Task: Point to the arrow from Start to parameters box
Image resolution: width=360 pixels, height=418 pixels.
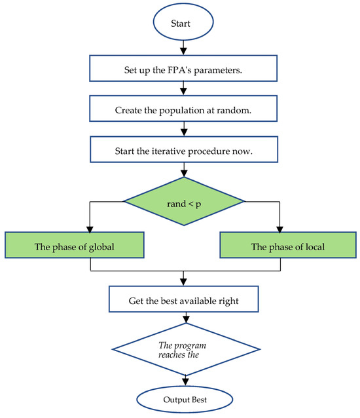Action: (x=183, y=48)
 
